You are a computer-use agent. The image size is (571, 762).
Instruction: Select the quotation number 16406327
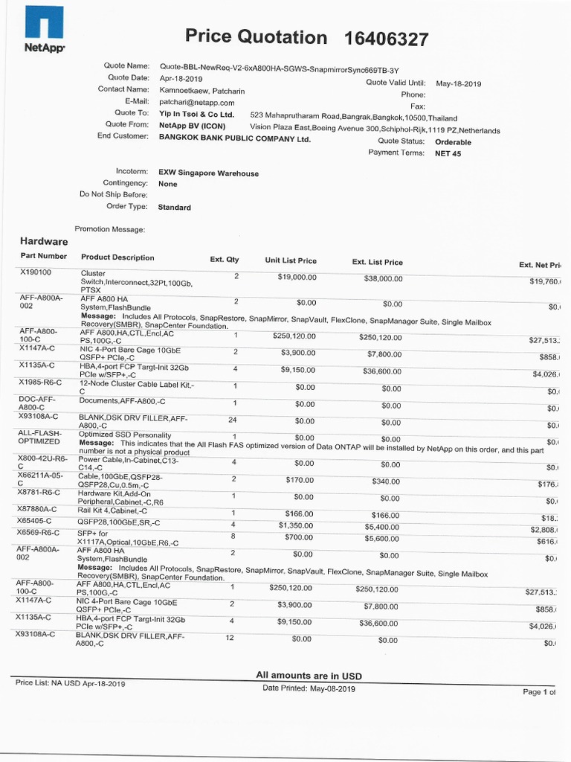[x=387, y=39]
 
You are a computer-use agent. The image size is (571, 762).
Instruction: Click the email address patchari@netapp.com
[x=197, y=103]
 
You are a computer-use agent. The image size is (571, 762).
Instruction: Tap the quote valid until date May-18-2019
[x=458, y=84]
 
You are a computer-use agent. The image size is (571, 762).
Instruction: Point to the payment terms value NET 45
[x=448, y=153]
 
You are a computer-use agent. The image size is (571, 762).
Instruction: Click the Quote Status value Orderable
[x=453, y=141]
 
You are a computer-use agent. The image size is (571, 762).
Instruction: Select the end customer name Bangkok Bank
[x=234, y=138]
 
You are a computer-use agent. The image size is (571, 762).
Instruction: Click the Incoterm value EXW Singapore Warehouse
[x=208, y=173]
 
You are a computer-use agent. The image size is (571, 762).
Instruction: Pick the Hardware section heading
[x=44, y=241]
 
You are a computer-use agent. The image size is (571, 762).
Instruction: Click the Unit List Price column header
[x=291, y=260]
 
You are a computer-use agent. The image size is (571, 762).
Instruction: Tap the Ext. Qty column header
[x=225, y=260]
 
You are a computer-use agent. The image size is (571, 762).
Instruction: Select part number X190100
[x=36, y=273]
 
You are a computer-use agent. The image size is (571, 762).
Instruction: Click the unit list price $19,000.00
[x=297, y=277]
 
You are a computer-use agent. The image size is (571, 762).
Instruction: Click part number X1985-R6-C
[x=40, y=382]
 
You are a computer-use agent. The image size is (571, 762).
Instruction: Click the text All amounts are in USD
[x=309, y=675]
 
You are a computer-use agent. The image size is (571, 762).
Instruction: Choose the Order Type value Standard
[x=175, y=208]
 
